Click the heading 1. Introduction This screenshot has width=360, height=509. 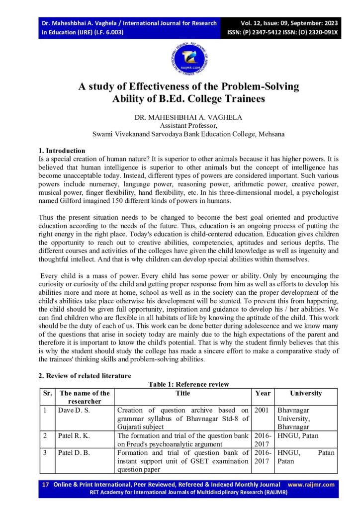coord(62,151)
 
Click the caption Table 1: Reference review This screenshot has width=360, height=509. coord(188,384)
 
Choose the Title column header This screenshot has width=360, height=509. coord(182,393)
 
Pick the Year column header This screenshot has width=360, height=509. coord(263,393)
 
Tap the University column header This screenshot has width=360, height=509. coord(306,393)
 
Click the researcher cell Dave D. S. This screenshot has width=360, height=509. coord(76,410)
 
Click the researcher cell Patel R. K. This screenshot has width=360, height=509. coord(76,436)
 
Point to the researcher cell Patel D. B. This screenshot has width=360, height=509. coord(76,453)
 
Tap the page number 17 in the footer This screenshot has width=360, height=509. coord(45,485)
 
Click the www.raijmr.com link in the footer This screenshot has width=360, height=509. coord(311,485)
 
